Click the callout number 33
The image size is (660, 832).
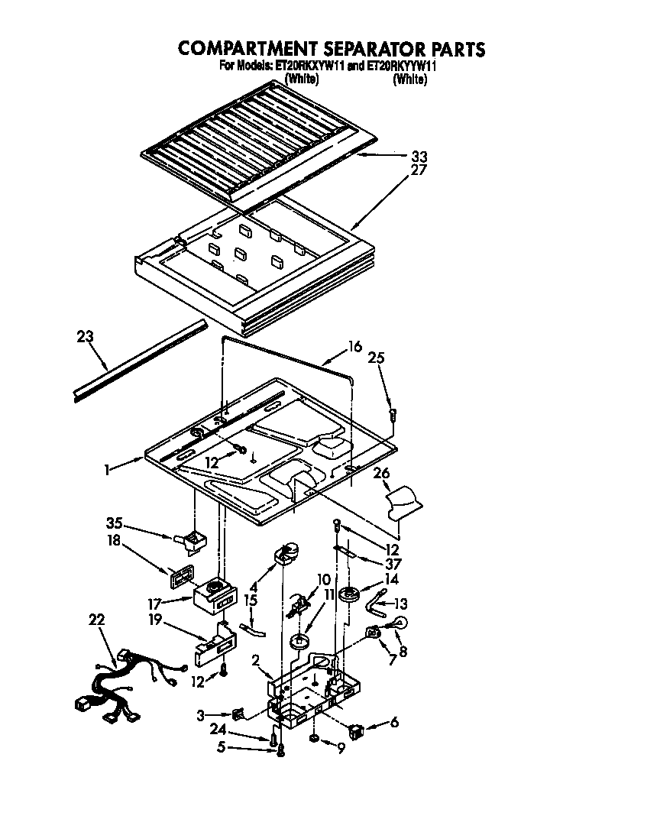pyautogui.click(x=419, y=157)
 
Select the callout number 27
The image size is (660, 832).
pyautogui.click(x=419, y=170)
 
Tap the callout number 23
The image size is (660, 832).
pyautogui.click(x=86, y=336)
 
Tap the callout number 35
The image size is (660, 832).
pyautogui.click(x=115, y=523)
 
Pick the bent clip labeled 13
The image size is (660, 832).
pyautogui.click(x=377, y=606)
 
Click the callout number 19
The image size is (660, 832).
pyautogui.click(x=155, y=620)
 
